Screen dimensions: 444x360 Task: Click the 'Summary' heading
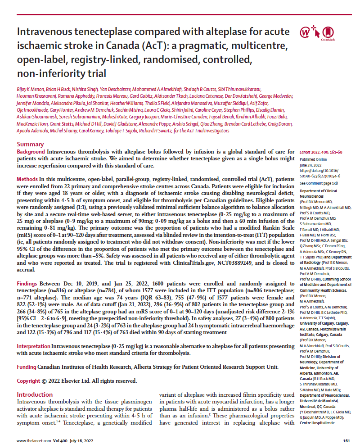[x=30, y=145]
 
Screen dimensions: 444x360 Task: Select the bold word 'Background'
[x=31, y=152]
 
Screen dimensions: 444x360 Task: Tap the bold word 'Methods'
[x=27, y=179]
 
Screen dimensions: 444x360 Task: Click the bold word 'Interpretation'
[x=33, y=346]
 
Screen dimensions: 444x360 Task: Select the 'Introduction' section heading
[x=35, y=394]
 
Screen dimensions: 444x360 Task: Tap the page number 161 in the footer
[x=346, y=440]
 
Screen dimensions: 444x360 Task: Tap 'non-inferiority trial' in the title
[x=61, y=73]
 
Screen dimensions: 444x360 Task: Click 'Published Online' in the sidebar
[x=314, y=160]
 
